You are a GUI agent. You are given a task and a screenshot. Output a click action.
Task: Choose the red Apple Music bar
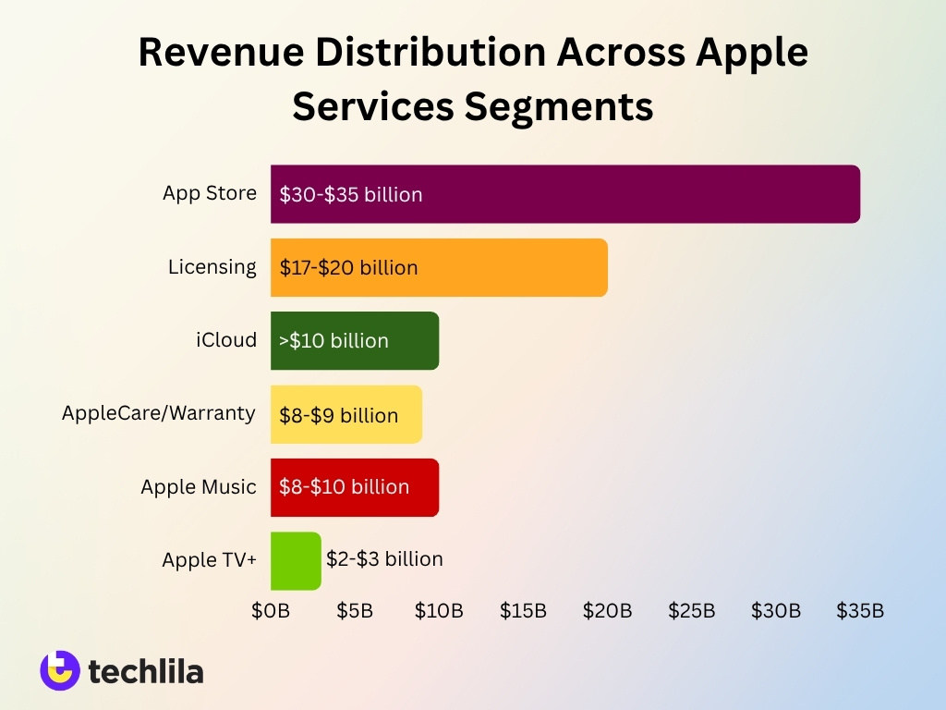[425, 487]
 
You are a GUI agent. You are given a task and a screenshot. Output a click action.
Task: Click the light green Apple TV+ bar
[295, 560]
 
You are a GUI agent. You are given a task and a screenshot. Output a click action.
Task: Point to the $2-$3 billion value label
[384, 559]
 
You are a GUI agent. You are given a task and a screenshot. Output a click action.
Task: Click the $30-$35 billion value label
[351, 195]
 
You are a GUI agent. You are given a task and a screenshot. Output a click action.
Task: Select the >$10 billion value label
[334, 341]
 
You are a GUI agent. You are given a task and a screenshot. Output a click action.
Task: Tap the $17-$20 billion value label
[349, 268]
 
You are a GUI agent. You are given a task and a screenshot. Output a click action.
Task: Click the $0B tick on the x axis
[271, 611]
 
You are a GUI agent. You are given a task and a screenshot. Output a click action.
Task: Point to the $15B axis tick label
[523, 611]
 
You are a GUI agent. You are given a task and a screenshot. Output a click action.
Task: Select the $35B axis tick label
[860, 611]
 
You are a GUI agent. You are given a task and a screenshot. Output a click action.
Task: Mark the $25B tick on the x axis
[691, 611]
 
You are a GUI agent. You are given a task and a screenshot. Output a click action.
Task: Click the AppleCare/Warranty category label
[159, 413]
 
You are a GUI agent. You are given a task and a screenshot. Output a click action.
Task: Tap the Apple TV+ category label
[209, 560]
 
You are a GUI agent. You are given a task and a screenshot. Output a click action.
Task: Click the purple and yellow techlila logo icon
[59, 670]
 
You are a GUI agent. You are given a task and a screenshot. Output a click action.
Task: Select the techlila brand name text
[146, 671]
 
